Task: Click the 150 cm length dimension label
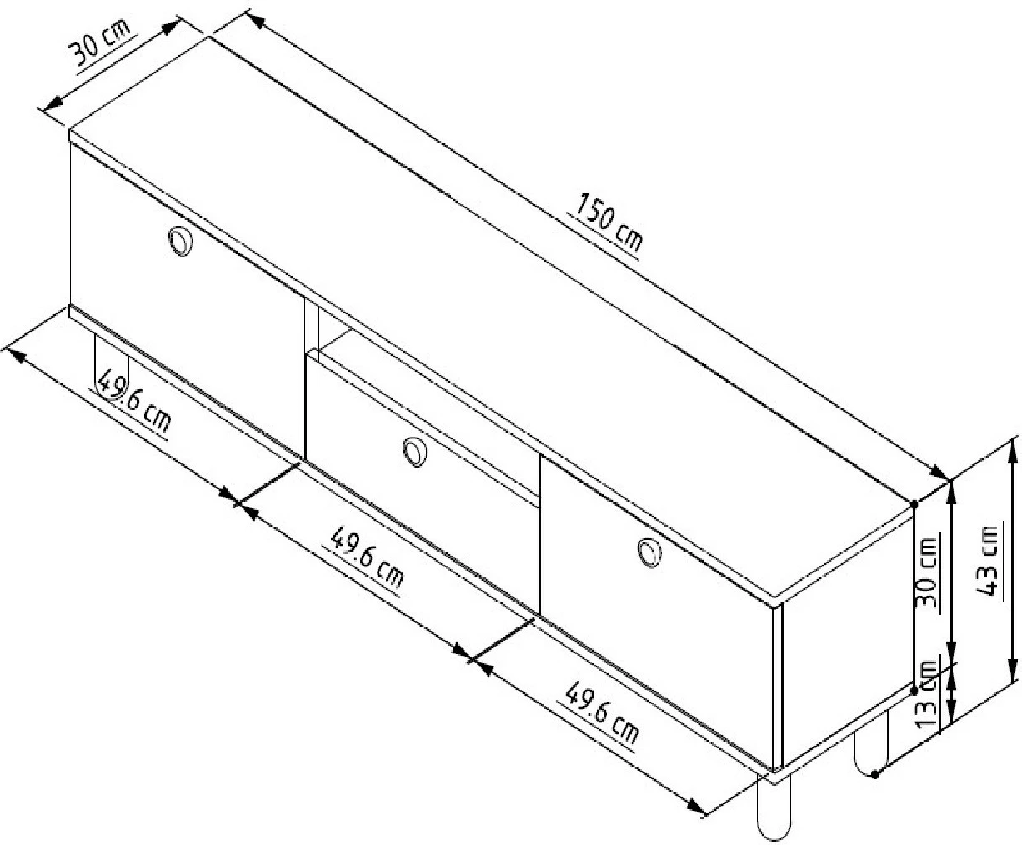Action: (609, 226)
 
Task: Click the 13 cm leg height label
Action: (927, 694)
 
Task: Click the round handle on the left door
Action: (180, 242)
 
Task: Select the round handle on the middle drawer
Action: (415, 452)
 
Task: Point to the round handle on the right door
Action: (650, 553)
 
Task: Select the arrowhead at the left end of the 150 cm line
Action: (255, 22)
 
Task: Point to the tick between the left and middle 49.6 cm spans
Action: (267, 484)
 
